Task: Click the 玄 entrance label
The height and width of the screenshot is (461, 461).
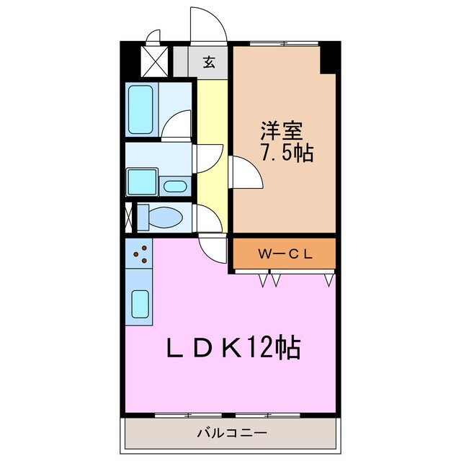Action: pos(208,63)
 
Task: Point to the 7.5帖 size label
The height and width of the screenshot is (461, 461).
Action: pos(286,153)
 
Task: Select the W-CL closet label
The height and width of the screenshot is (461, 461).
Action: pos(283,254)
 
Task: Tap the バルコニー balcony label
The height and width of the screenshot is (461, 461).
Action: pos(231,434)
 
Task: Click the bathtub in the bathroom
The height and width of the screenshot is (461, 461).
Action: pos(140,109)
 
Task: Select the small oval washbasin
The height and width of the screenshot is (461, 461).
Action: pos(174,187)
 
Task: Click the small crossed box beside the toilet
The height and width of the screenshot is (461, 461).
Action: pos(128,216)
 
